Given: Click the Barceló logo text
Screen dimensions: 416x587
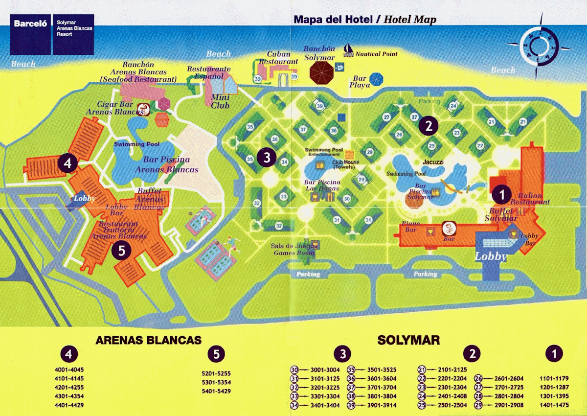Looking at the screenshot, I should pyautogui.click(x=31, y=23).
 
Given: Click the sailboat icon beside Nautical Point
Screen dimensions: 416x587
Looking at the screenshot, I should pyautogui.click(x=348, y=49).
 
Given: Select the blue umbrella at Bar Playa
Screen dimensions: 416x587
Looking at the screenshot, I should pyautogui.click(x=376, y=79).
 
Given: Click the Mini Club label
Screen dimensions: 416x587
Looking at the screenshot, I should pyautogui.click(x=220, y=101).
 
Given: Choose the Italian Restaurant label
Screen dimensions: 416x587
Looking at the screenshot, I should pyautogui.click(x=530, y=198).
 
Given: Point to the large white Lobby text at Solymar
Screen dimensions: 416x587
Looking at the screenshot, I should pyautogui.click(x=491, y=256).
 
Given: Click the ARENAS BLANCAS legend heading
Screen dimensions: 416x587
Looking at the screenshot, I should pyautogui.click(x=148, y=340).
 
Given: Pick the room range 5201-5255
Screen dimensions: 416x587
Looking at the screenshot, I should pyautogui.click(x=216, y=373).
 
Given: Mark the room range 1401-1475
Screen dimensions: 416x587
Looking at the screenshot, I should pyautogui.click(x=554, y=405).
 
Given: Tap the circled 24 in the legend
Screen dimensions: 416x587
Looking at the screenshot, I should pyautogui.click(x=422, y=396).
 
